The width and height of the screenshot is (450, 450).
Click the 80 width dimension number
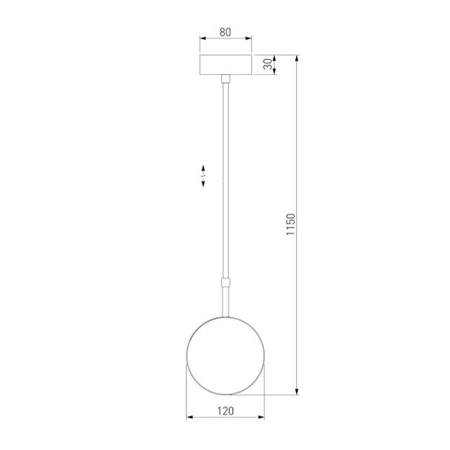225,32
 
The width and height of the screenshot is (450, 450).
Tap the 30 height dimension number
268,65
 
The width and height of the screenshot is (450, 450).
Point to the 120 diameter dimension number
226,411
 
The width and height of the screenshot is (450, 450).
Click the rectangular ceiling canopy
226,65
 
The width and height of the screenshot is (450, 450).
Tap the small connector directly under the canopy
226,79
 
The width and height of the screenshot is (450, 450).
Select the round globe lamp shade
225,354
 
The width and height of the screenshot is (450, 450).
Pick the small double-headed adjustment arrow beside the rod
204,177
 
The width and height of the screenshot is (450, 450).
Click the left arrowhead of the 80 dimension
202,39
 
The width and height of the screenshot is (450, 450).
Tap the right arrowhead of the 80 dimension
249,39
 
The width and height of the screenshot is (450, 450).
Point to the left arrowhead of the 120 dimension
189,417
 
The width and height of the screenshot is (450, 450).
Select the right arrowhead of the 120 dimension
263,417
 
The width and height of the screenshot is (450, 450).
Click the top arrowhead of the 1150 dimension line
297,58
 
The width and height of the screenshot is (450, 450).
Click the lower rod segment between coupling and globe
226,300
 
